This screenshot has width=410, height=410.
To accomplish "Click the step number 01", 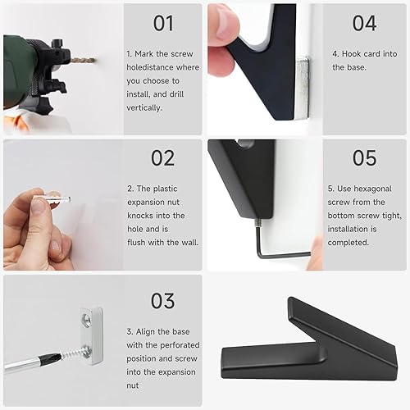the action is click(163, 23).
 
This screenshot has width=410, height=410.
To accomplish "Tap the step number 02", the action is click(163, 158).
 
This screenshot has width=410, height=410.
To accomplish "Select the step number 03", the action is click(162, 301).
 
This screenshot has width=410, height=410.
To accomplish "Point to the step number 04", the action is click(364, 23).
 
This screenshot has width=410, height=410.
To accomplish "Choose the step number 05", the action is click(364, 158).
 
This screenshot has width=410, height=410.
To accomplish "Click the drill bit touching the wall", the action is click(83, 60).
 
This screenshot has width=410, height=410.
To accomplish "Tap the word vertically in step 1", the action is click(144, 107).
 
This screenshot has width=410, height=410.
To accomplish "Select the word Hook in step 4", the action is click(351, 54).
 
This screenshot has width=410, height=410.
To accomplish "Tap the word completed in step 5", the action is click(348, 243).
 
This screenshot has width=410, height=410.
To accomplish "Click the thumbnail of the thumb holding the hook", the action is click(225, 24).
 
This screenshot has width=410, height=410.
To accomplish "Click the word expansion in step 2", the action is click(153, 203).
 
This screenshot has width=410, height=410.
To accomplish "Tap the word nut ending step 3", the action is click(133, 385).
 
